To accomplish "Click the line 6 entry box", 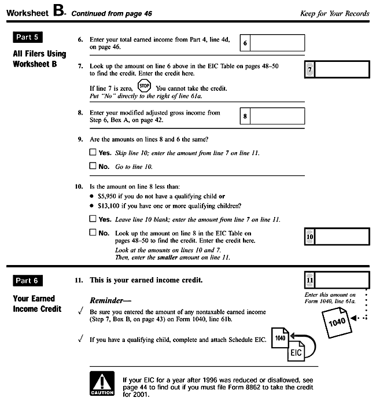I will tap(278, 43).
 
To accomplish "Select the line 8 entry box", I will tap(278, 116).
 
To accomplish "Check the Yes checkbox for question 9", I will tap(93, 153).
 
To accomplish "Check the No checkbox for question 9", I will tap(93, 166).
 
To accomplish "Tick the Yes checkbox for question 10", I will tap(93, 219).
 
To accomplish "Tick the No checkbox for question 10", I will tap(93, 233).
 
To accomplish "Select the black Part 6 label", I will tap(28, 281).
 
